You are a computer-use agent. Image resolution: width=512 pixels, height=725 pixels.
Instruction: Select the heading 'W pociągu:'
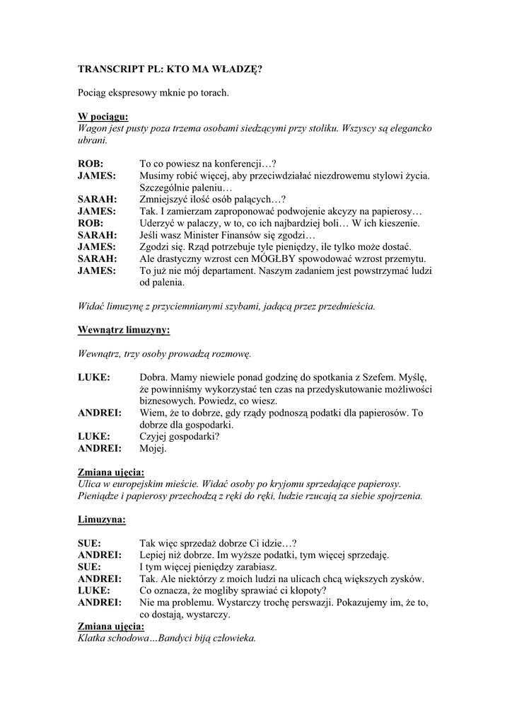pos(103,116)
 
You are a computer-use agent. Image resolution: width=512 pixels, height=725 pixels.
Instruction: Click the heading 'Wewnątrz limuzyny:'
pos(124,330)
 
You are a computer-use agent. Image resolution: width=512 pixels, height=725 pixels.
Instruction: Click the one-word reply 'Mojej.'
pos(153,448)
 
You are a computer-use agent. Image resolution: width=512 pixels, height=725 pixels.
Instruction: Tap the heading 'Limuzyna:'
pos(102,520)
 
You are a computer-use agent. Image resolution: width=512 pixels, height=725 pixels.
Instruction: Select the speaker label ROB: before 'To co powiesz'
pos(91,163)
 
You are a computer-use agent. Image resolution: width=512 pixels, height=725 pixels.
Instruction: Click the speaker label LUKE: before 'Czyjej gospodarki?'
pos(94,436)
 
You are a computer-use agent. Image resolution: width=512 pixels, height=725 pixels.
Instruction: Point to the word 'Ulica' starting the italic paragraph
pos(91,484)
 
